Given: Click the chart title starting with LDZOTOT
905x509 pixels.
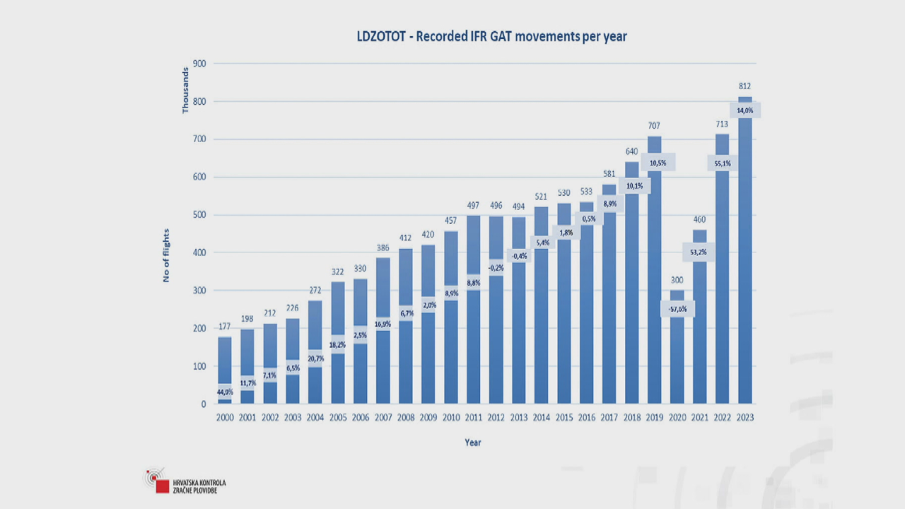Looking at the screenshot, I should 491,37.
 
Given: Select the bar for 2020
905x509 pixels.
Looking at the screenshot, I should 677,353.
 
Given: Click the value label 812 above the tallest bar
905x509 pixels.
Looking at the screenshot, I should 745,86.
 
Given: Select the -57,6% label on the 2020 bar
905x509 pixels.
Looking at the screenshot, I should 677,309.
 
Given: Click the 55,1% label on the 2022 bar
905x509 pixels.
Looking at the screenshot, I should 722,163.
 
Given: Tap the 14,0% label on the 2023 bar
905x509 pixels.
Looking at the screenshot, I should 745,111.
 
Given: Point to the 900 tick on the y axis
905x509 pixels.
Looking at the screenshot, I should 199,64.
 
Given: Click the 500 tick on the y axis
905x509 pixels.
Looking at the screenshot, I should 199,215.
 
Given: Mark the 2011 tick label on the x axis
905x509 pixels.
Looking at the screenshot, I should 473,418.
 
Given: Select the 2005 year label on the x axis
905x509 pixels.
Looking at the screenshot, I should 337,418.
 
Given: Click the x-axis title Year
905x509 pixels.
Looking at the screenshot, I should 473,443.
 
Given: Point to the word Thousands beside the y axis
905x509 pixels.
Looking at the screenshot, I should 186,90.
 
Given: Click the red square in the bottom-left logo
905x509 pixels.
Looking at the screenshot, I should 163,486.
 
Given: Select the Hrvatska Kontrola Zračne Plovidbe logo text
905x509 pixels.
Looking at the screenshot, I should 199,486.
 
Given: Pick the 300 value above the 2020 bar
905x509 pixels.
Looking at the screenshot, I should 677,280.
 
